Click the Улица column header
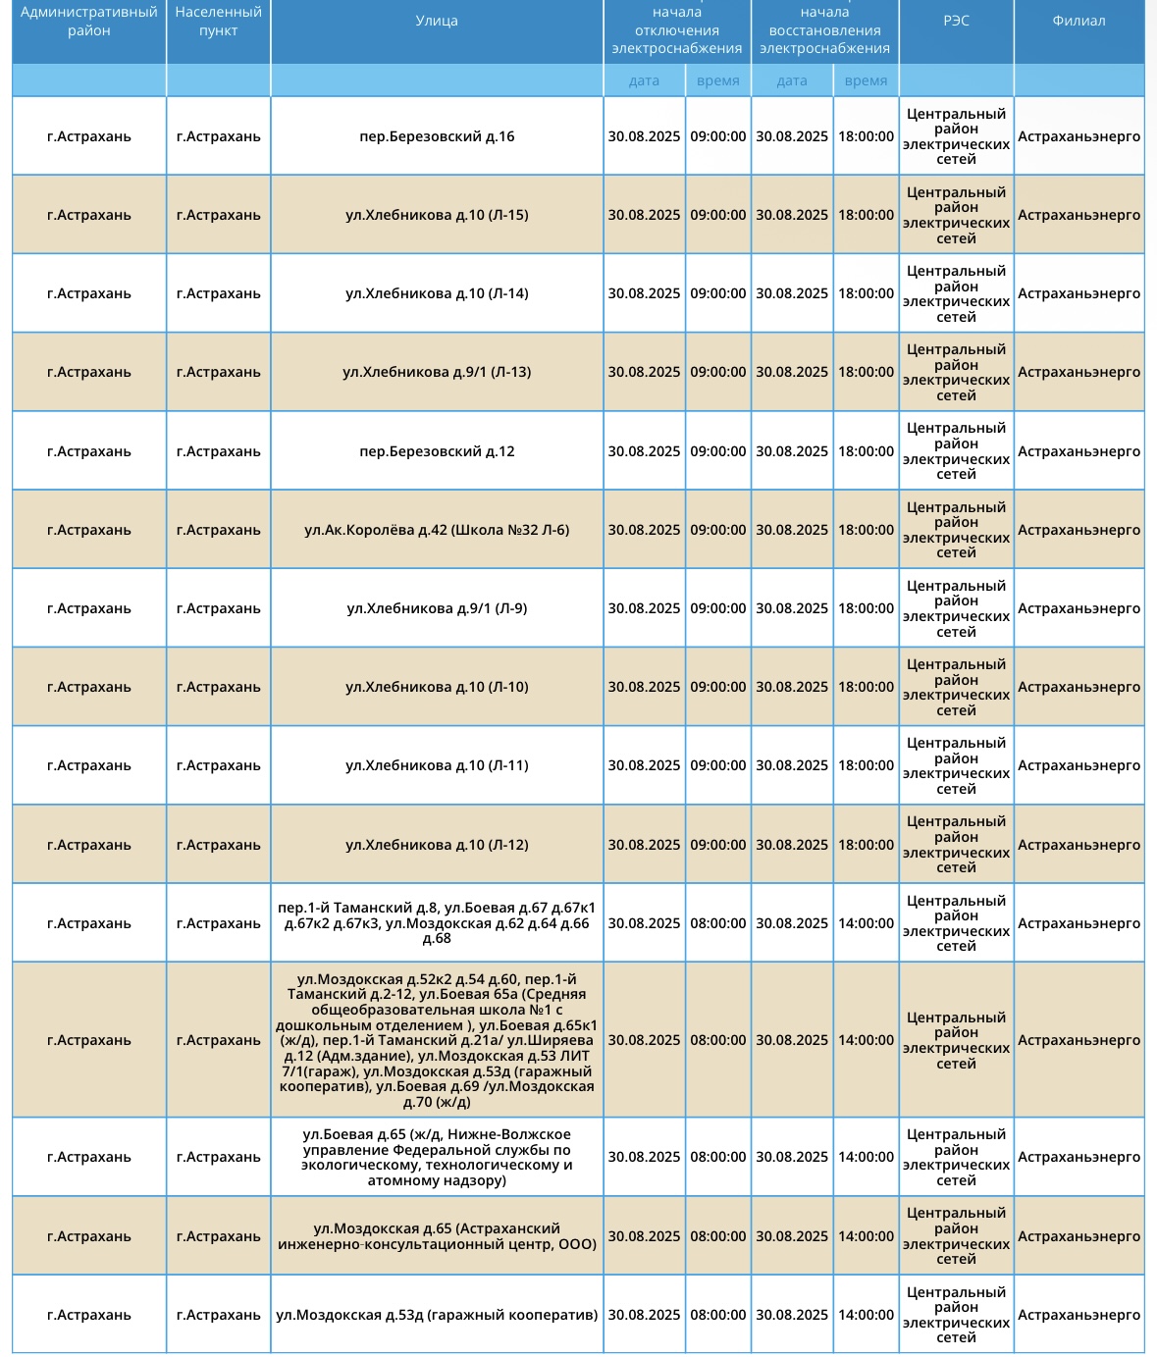(437, 22)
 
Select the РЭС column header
(956, 22)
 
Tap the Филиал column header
(1078, 22)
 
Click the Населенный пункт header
(218, 22)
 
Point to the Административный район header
(89, 22)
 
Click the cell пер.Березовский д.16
(437, 136)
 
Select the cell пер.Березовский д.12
(437, 451)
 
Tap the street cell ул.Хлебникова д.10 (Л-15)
(437, 215)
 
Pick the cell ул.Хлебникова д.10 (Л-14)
(437, 293)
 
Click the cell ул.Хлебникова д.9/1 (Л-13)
(437, 372)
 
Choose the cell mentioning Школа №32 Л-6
(437, 530)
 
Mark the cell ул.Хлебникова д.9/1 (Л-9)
(437, 608)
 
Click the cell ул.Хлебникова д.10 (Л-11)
(437, 765)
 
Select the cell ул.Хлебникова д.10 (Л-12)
(437, 845)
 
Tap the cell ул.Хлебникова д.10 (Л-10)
(437, 687)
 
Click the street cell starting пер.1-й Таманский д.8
(437, 923)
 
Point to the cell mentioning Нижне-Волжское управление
(437, 1157)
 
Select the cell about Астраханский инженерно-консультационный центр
(437, 1236)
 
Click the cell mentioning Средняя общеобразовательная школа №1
(437, 1040)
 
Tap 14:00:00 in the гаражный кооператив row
(866, 1315)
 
